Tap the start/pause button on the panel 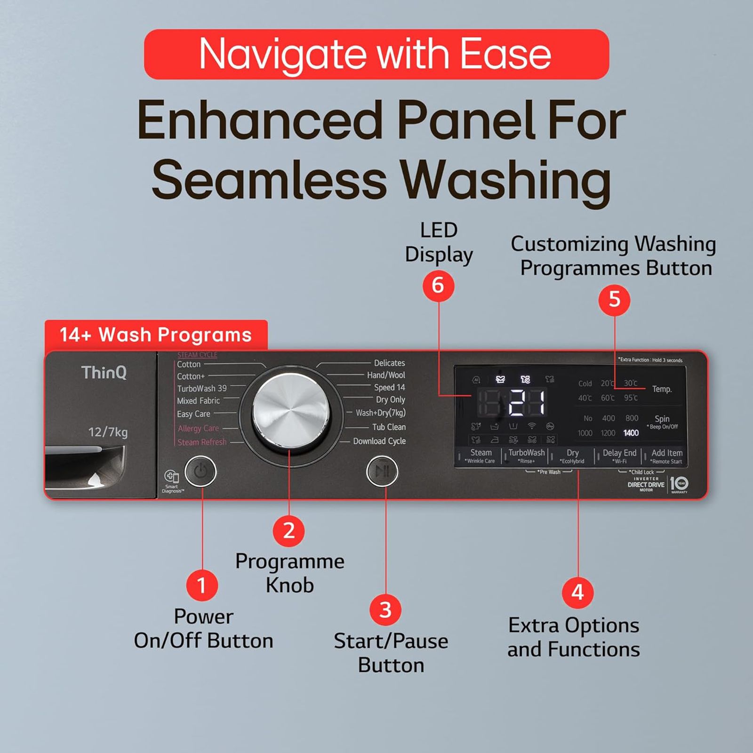point(382,471)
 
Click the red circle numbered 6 point(438,286)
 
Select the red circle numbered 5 point(614,300)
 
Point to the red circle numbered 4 point(577,592)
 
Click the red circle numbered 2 point(289,531)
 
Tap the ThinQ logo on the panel point(104,373)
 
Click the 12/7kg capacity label point(108,432)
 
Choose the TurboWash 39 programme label point(202,389)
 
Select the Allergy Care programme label point(198,428)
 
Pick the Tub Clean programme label point(389,427)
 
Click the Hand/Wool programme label point(386,375)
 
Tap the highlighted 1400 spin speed point(631,433)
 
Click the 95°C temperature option point(631,398)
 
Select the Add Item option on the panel point(666,453)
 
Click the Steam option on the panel point(481,453)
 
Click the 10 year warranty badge point(679,484)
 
